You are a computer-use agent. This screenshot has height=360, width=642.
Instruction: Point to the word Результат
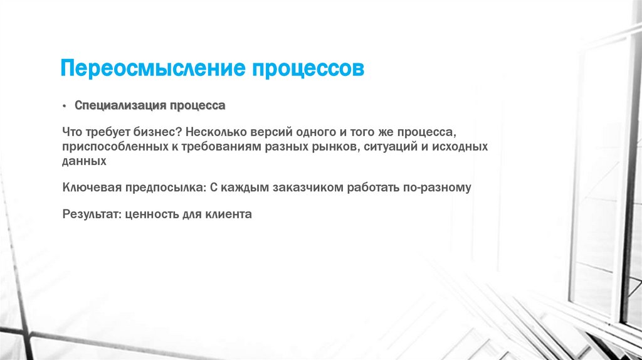[x=91, y=214]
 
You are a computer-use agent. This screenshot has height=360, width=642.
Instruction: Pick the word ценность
[x=152, y=214]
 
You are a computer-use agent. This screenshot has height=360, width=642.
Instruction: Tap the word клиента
[x=228, y=214]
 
